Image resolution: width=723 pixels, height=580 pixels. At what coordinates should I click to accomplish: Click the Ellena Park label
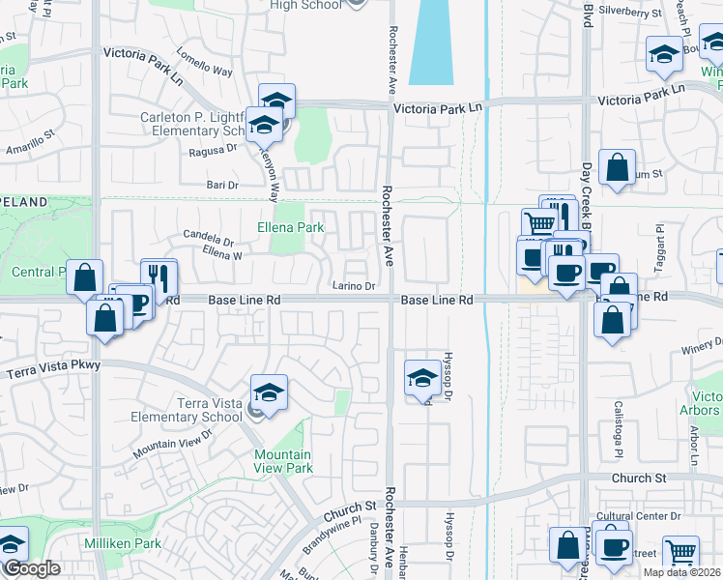point(290,227)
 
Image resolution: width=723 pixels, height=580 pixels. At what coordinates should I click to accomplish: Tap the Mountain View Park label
point(282,461)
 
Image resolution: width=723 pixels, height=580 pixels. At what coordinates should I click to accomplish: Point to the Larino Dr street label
point(355,286)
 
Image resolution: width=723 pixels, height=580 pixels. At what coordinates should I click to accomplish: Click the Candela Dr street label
point(209,239)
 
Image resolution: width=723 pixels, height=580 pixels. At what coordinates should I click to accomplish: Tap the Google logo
point(31,569)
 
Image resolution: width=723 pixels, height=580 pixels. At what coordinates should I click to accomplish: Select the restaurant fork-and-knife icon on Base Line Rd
point(159,277)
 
